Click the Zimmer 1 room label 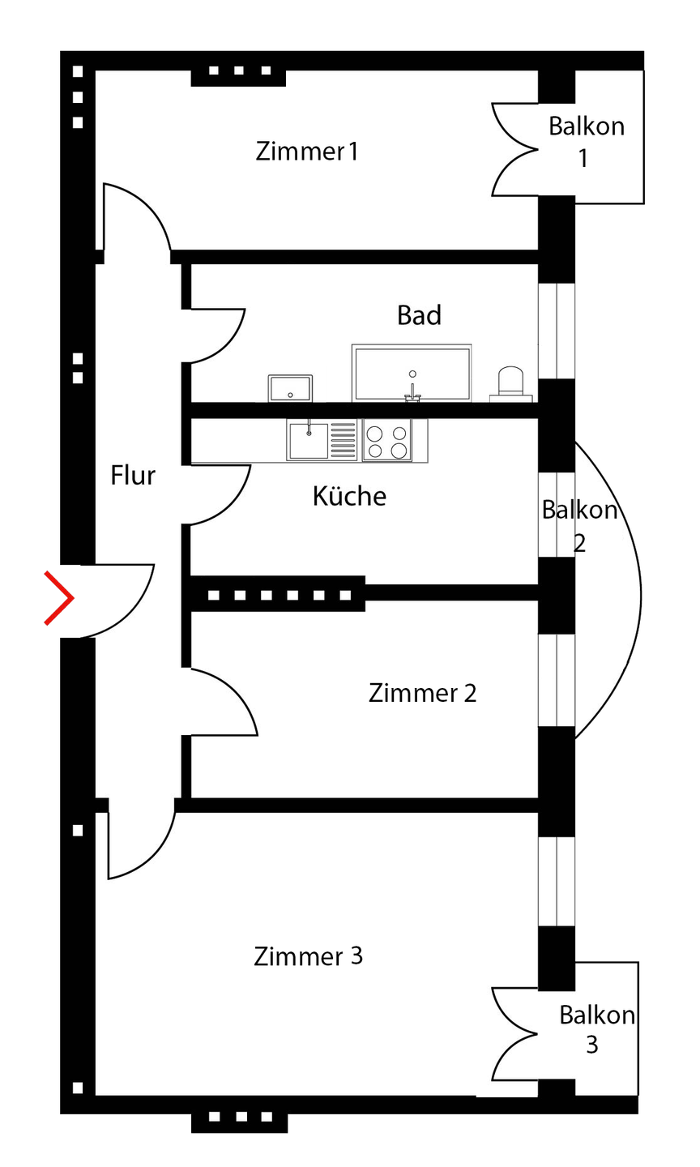tap(306, 152)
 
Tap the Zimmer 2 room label tap(422, 693)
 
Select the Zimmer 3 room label tap(308, 956)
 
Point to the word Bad tap(419, 315)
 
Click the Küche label tap(349, 496)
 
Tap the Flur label tap(133, 476)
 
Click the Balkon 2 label tap(579, 526)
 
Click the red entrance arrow tap(59, 598)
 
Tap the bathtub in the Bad tap(412, 372)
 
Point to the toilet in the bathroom tap(512, 383)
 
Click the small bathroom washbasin tap(291, 387)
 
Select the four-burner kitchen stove tap(386, 441)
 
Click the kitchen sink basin tap(309, 440)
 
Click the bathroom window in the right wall tap(557, 330)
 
